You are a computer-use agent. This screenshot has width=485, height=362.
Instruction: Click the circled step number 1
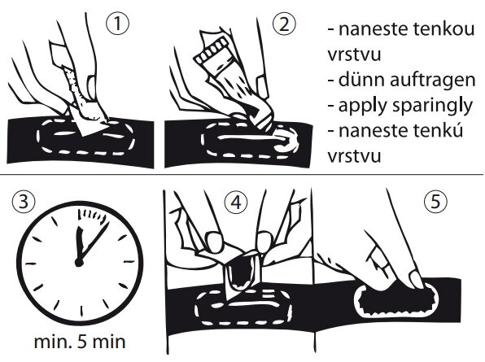pos(117,24)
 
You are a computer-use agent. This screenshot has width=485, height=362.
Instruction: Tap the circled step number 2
pos(284,24)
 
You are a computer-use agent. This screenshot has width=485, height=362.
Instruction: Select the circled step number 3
pos(24,201)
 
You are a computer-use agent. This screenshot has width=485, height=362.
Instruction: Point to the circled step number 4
pos(236,203)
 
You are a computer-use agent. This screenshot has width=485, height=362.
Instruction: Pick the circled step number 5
pos(435,202)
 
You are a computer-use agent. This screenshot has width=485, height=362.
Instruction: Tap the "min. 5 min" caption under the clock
pos(80,342)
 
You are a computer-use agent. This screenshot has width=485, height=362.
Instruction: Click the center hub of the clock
pos(79,263)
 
